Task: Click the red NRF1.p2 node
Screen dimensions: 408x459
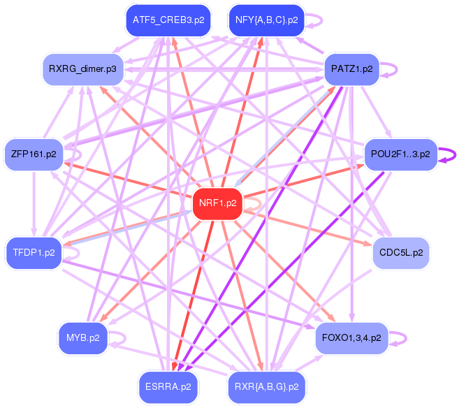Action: (x=217, y=204)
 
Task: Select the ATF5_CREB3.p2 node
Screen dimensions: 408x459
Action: (x=168, y=20)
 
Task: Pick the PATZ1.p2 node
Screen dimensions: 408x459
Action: (x=351, y=69)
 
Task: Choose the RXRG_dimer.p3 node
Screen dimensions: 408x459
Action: (x=82, y=69)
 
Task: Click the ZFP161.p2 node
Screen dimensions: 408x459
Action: (x=34, y=153)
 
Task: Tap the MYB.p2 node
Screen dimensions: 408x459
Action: (x=82, y=338)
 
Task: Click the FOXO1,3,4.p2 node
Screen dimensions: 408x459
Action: (x=351, y=338)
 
